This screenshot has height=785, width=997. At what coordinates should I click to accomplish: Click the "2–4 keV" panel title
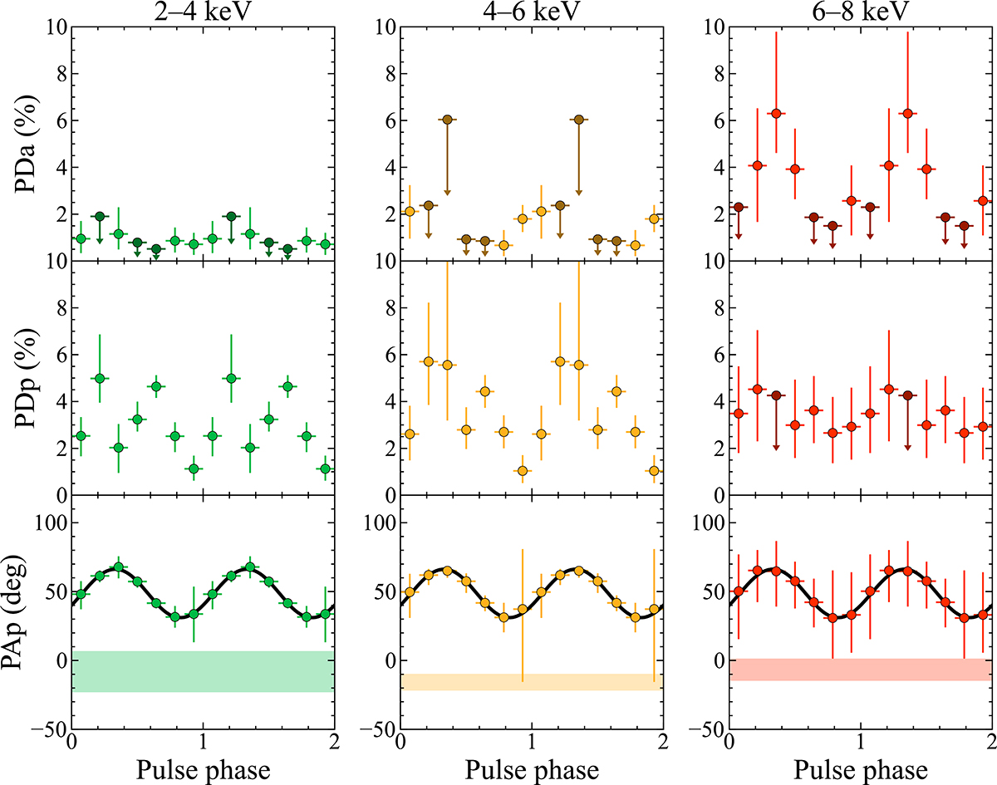pyautogui.click(x=203, y=12)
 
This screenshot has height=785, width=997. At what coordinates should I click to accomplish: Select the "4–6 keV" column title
pyautogui.click(x=532, y=12)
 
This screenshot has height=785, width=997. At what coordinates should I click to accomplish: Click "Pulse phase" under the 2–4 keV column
pyautogui.click(x=203, y=770)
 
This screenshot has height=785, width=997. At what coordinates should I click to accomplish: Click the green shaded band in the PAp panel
pyautogui.click(x=203, y=671)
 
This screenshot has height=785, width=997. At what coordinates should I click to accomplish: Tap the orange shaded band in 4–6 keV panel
pyautogui.click(x=532, y=682)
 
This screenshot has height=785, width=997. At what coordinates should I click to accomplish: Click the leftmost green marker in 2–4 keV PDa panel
pyautogui.click(x=81, y=238)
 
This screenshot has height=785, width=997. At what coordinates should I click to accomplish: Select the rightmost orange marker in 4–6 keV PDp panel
pyautogui.click(x=654, y=471)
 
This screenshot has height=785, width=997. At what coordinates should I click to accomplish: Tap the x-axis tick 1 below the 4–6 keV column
pyautogui.click(x=532, y=745)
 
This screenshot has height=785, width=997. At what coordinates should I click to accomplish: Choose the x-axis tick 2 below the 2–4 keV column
pyautogui.click(x=333, y=745)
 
